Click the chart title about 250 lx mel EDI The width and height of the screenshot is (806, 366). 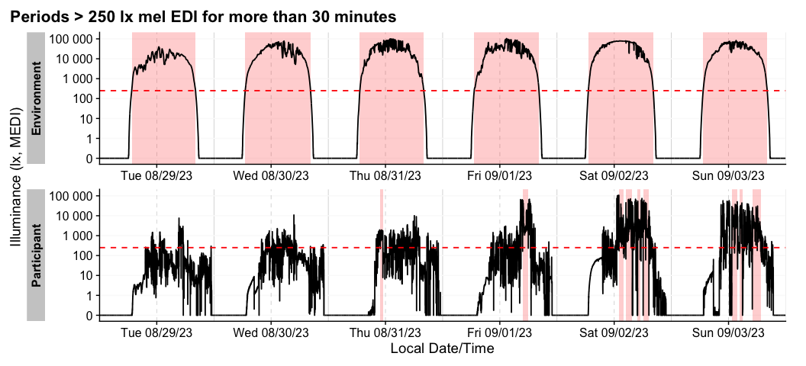203,15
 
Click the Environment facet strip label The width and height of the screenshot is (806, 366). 36,98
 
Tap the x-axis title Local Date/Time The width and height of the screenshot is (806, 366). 442,349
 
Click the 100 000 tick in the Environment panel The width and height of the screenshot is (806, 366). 73,39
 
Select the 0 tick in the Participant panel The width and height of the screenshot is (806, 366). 89,315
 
